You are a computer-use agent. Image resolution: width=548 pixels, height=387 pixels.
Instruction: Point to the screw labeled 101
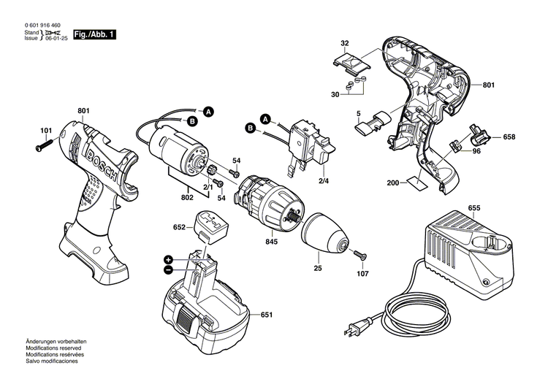[41, 147]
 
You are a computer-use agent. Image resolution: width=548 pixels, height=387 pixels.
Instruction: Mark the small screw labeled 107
[360, 256]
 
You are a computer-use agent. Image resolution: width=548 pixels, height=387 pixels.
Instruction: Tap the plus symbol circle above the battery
[168, 259]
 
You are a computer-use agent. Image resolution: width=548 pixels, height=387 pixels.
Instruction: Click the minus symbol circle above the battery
[168, 269]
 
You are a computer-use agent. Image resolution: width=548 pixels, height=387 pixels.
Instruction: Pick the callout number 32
[345, 43]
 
